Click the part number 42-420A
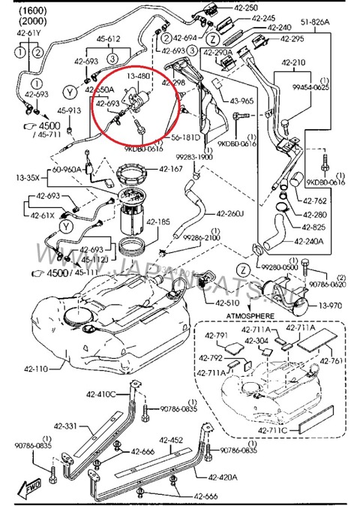223,477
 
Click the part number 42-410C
101,393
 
